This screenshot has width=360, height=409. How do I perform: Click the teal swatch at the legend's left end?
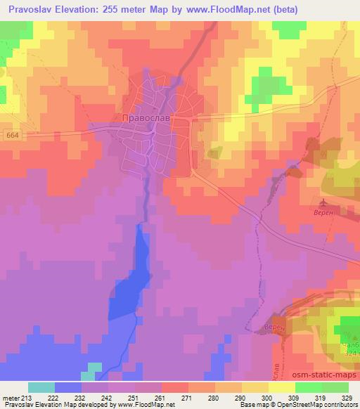click(41, 387)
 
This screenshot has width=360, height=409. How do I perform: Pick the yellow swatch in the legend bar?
click(281, 387)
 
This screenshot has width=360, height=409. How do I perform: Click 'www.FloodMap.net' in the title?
click(230, 10)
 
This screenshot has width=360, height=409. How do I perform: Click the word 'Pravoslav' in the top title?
click(28, 10)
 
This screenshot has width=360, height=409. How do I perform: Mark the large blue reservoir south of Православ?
click(134, 274)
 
